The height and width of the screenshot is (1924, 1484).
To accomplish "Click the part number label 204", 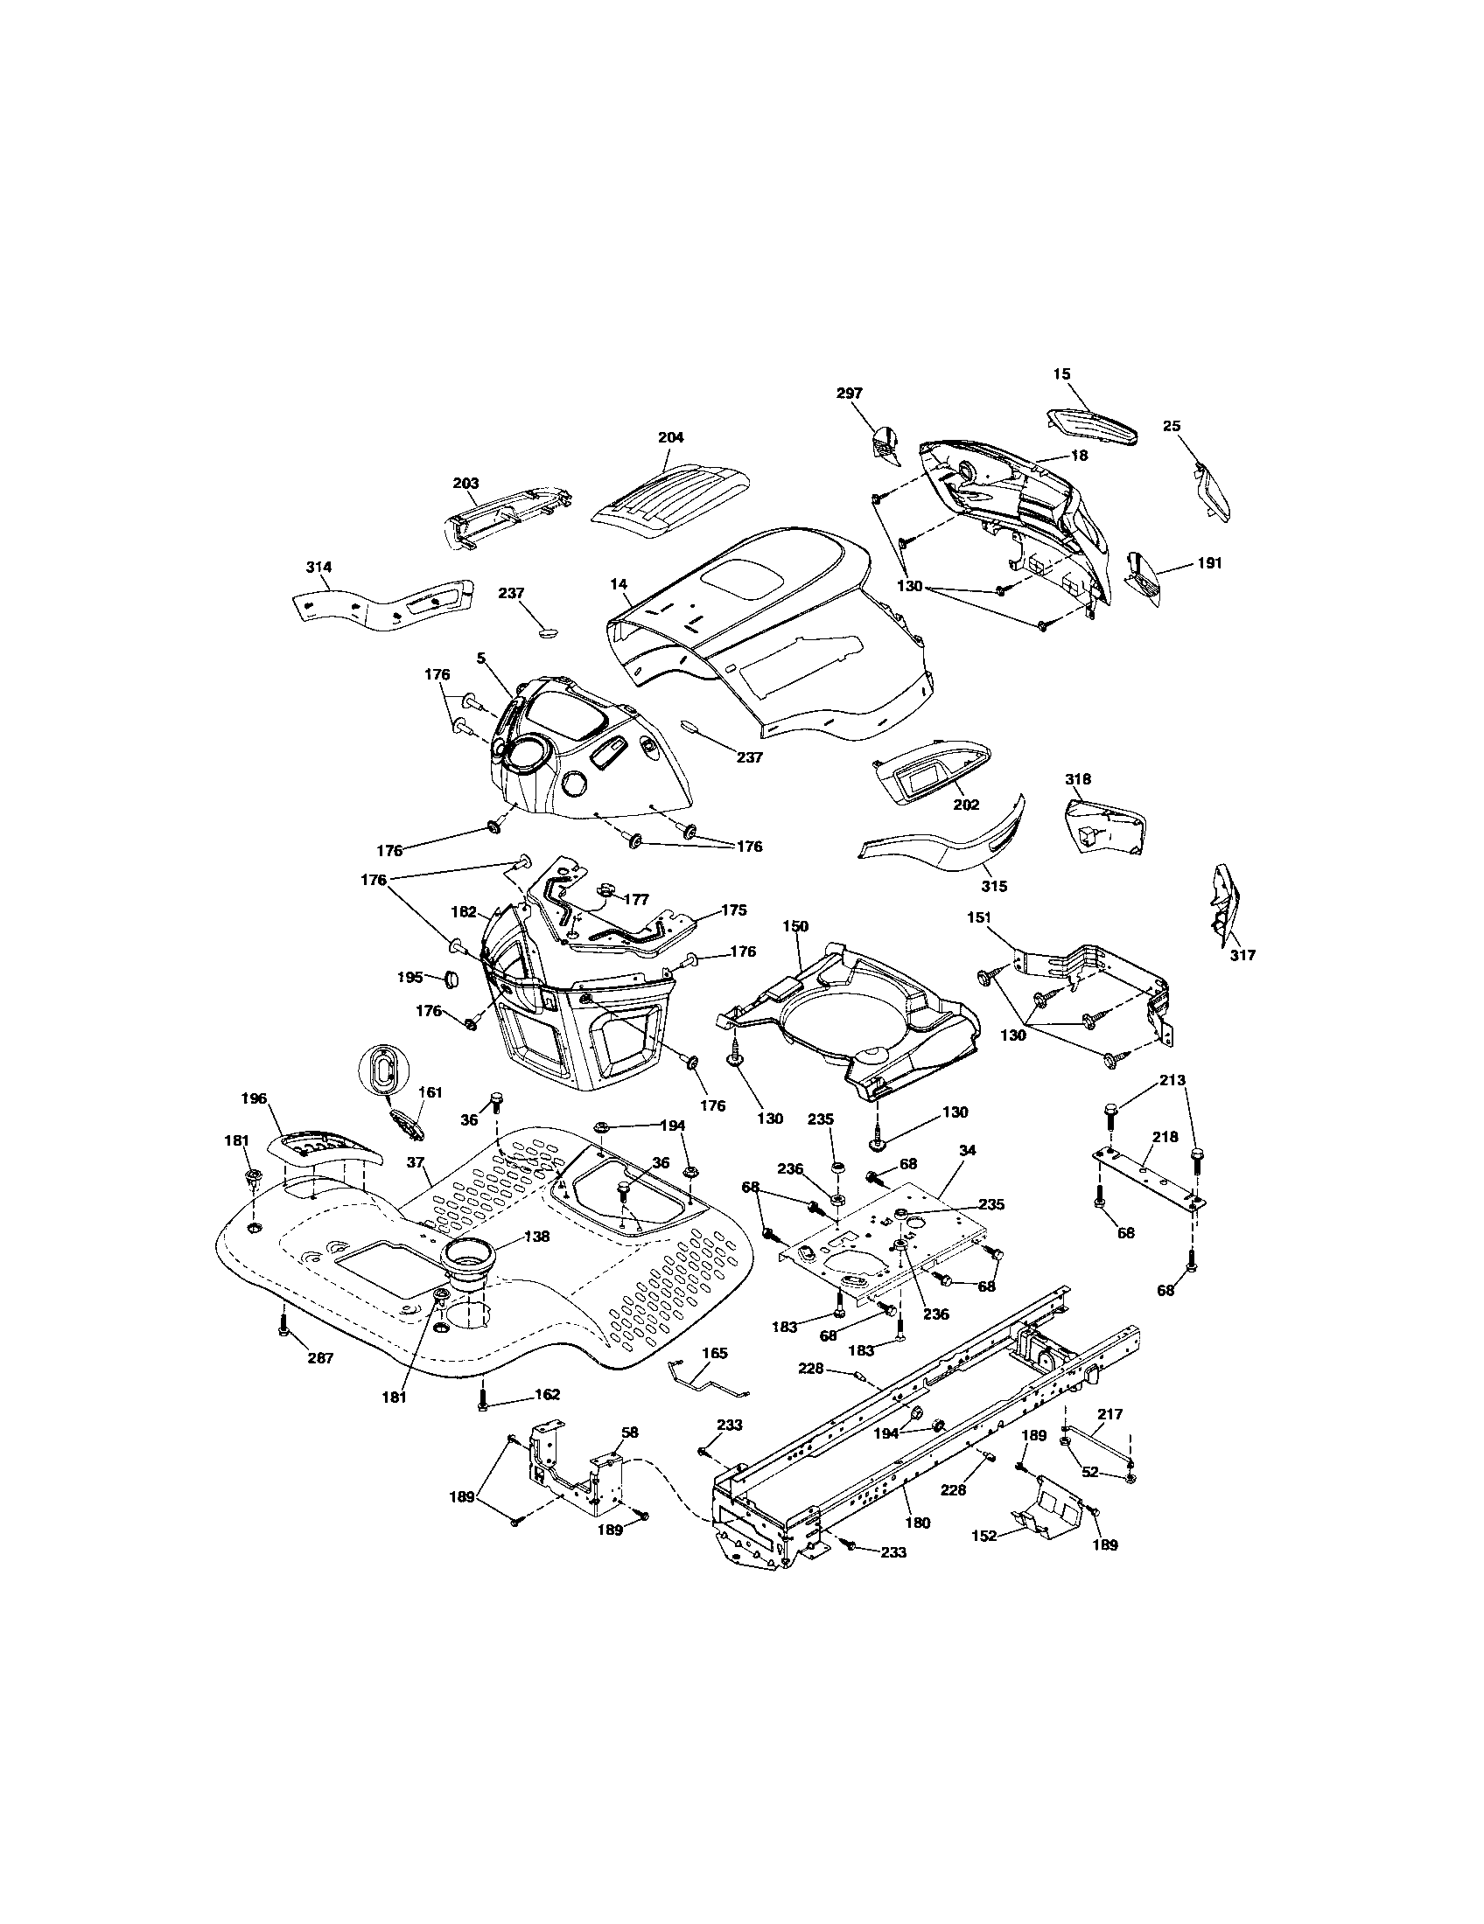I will click(670, 437).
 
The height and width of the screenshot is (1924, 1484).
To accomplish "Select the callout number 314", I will click(319, 567).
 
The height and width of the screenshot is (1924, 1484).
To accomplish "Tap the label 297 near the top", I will click(850, 393).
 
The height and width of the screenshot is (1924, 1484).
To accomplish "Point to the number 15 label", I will click(1062, 373).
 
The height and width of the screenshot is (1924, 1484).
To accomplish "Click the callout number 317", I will click(1243, 954).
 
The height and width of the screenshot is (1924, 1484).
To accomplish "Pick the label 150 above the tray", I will click(794, 927).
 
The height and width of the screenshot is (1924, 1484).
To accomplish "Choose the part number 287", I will click(321, 1358).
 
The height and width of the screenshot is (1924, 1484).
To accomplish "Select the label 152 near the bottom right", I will click(984, 1536).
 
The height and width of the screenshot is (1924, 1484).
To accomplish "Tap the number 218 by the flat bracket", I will click(1165, 1136).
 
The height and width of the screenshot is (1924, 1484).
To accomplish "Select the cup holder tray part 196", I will click(322, 1150).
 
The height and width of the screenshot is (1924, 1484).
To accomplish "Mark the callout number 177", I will click(635, 899).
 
